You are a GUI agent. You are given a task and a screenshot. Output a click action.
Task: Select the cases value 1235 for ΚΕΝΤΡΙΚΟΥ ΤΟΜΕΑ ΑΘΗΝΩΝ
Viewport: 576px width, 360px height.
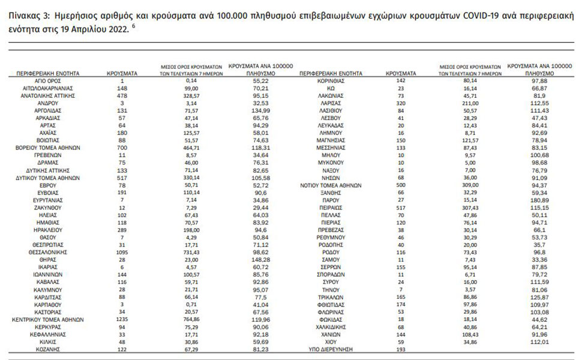122,320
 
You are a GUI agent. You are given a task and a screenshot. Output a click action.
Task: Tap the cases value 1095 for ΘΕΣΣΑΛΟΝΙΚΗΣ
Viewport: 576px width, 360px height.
122,253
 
